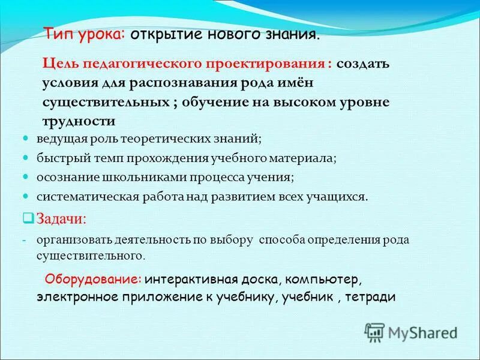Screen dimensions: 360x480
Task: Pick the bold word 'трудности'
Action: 79,121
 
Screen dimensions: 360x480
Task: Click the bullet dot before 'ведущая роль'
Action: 26,138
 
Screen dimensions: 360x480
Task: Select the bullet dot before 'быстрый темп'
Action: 26,158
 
